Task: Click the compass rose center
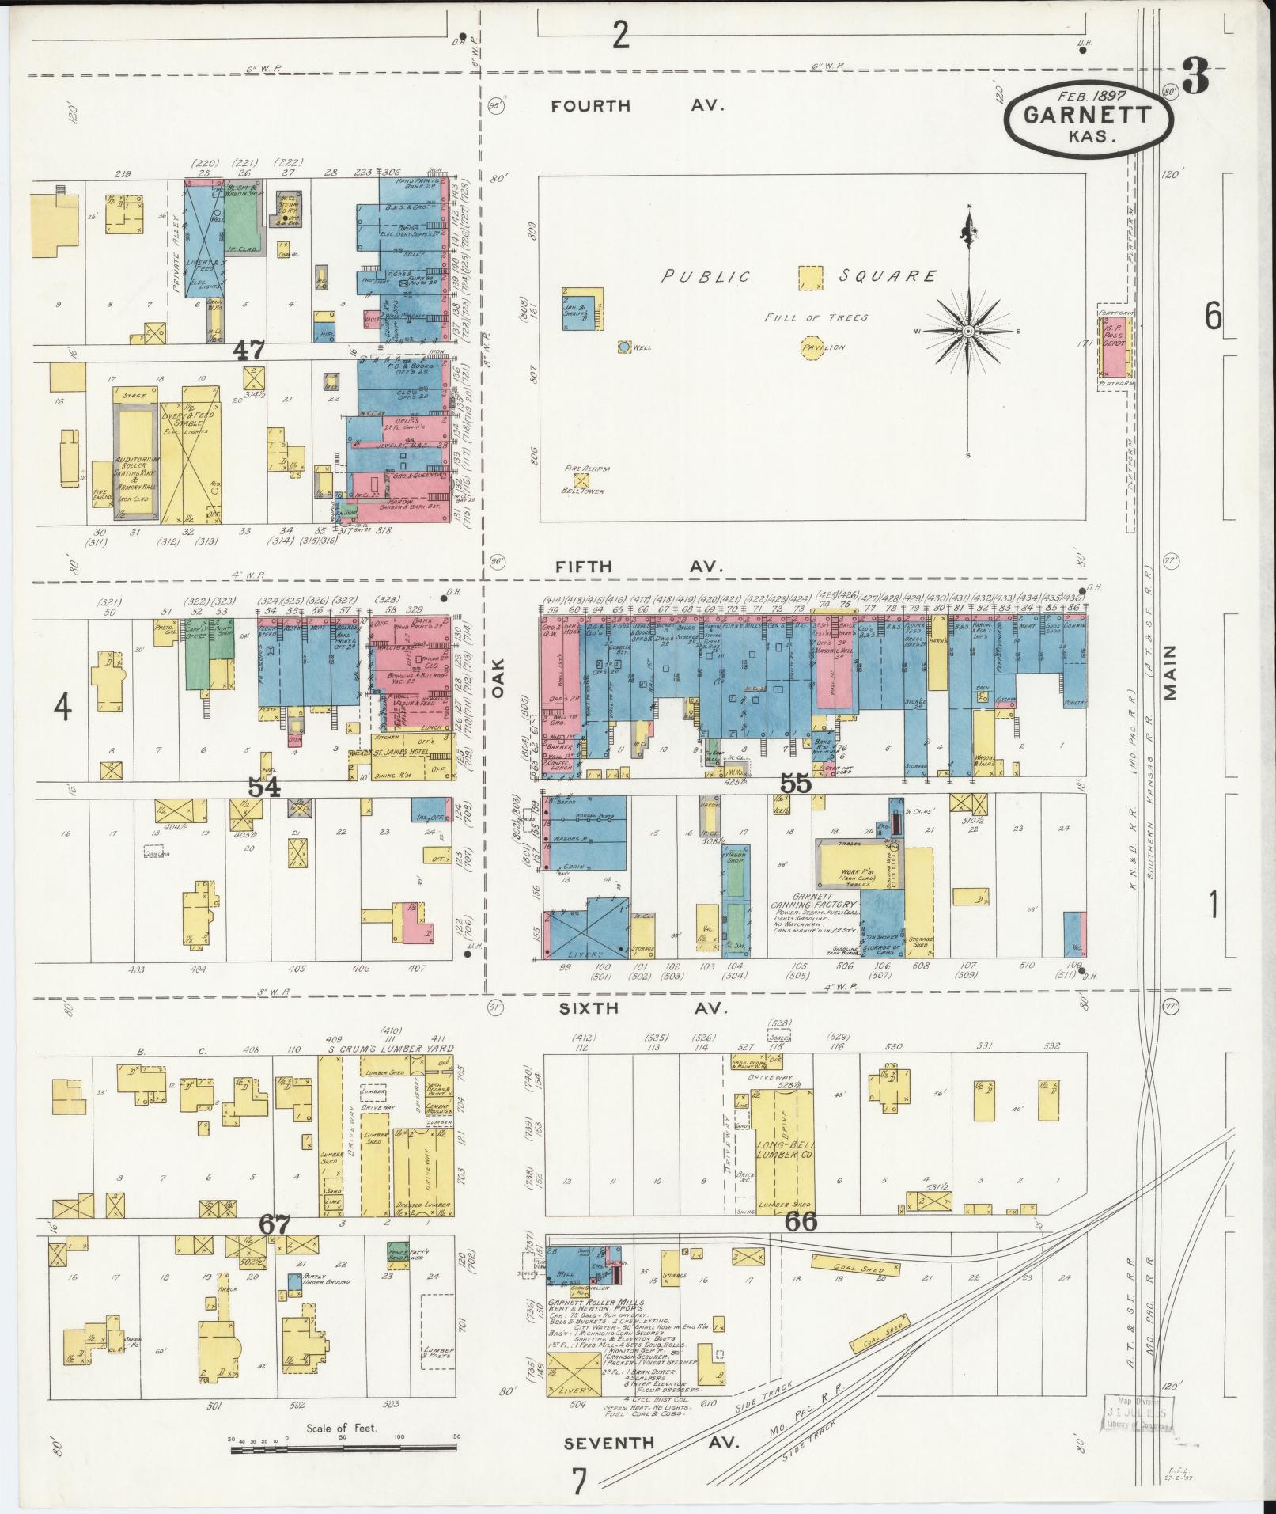point(967,331)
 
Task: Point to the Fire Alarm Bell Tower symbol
point(582,480)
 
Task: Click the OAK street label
point(498,680)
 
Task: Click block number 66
point(801,1243)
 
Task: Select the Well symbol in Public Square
point(624,347)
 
